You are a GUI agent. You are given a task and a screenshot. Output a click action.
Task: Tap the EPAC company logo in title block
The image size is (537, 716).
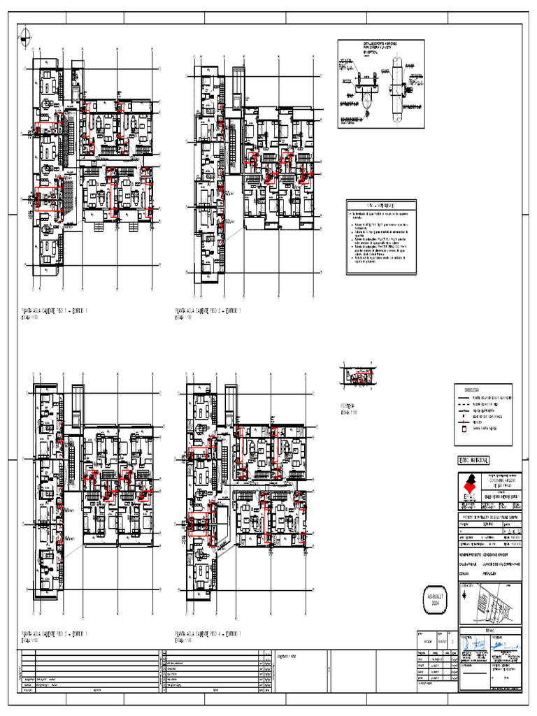point(470,487)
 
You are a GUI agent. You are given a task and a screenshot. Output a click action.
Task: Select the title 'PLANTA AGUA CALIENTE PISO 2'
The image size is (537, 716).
point(208,310)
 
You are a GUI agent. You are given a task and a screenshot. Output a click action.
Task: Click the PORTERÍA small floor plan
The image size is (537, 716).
point(358,378)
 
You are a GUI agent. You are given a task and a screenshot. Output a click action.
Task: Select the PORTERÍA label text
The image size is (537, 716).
point(347,406)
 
